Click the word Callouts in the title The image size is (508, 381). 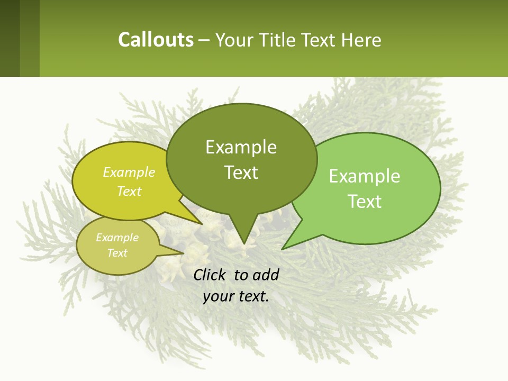(x=156, y=40)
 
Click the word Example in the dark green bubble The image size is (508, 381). (x=241, y=147)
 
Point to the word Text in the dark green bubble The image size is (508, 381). (x=241, y=173)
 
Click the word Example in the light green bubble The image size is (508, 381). (x=365, y=176)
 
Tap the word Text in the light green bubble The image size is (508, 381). (x=365, y=202)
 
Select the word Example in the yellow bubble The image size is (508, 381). (x=129, y=172)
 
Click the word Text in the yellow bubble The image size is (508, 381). (x=129, y=191)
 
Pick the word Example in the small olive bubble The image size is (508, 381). (x=117, y=238)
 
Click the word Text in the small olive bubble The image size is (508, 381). (x=117, y=253)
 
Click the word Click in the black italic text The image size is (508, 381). (x=211, y=275)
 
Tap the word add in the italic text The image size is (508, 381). (x=266, y=275)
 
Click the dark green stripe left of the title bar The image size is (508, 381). (x=10, y=38)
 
